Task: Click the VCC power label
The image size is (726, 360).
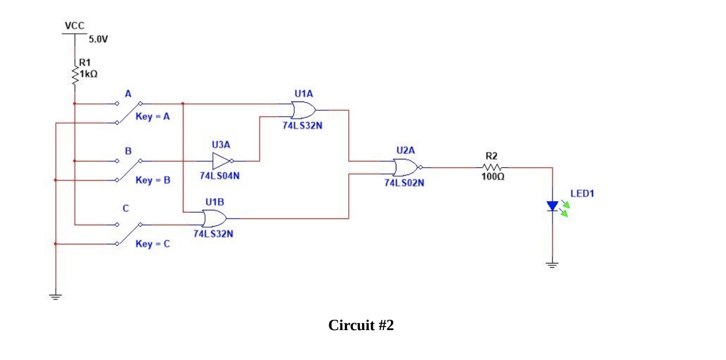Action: point(75,26)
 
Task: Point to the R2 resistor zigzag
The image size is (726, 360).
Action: point(492,167)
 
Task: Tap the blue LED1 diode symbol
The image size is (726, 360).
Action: point(553,206)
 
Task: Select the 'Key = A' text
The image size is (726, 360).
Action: point(153,117)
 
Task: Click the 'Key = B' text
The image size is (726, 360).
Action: point(153,180)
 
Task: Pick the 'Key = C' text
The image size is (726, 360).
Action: point(153,244)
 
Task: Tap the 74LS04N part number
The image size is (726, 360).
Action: point(220,176)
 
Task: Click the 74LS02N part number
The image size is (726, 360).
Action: point(404,183)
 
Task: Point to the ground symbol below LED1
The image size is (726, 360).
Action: point(552,265)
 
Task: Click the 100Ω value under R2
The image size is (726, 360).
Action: point(491,177)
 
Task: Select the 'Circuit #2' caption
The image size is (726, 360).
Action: point(361,325)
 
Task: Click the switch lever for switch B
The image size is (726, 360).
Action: point(129,170)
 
